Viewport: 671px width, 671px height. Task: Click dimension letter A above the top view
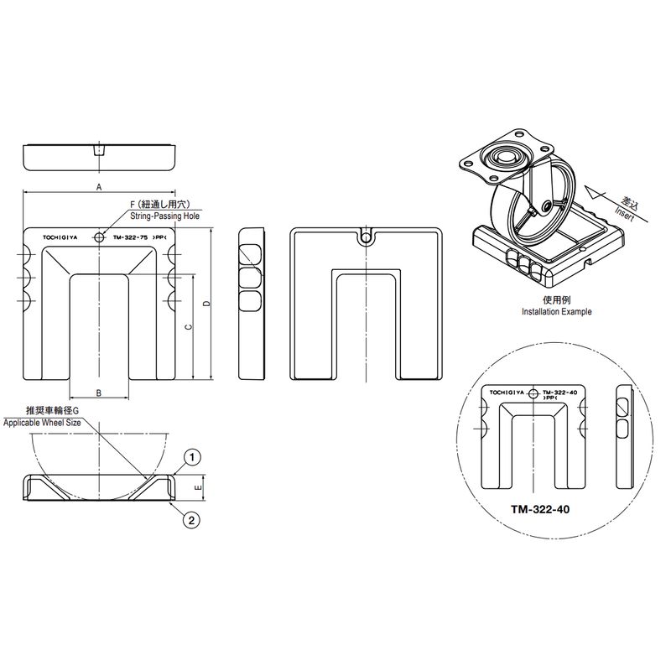(x=99, y=187)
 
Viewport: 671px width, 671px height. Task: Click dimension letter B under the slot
(x=98, y=393)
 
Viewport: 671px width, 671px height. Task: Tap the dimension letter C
(x=188, y=327)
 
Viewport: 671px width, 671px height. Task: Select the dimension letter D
(x=206, y=304)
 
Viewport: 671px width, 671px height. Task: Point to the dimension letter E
(x=198, y=488)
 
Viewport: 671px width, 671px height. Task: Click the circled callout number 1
(x=192, y=457)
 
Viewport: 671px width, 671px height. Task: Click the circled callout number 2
(x=191, y=520)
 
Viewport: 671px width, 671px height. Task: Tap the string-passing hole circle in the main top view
(x=99, y=237)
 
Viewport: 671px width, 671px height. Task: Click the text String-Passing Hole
(x=164, y=216)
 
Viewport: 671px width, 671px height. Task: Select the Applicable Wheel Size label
(x=42, y=423)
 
